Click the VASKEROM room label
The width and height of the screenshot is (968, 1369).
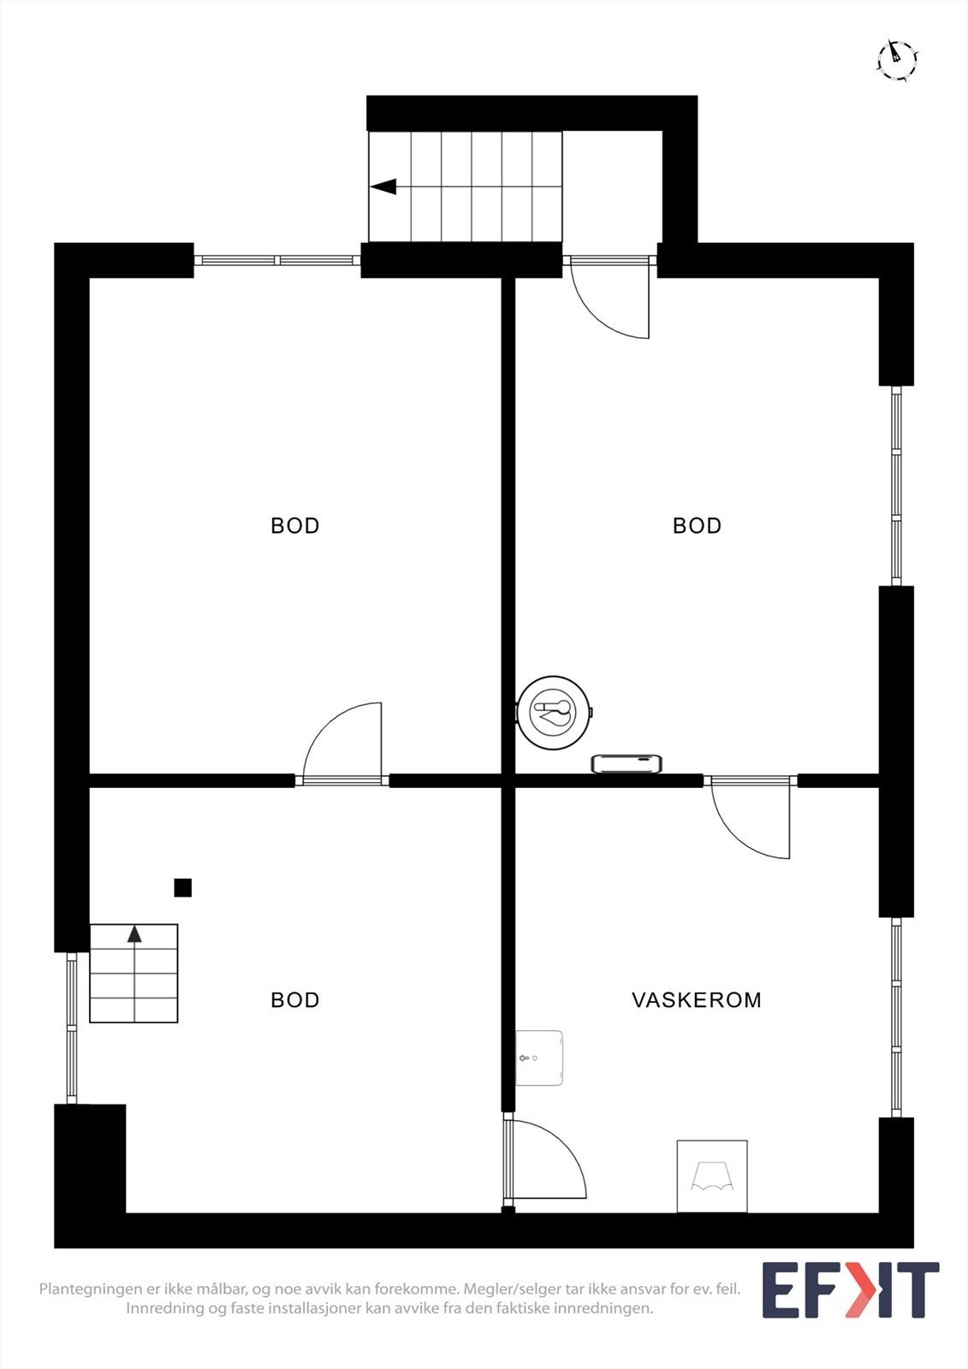click(x=696, y=999)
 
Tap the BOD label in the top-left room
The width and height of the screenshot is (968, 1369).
click(x=294, y=525)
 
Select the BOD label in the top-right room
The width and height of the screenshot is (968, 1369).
click(x=697, y=525)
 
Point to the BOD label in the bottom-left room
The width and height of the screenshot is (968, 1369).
click(x=294, y=999)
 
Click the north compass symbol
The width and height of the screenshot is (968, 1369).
click(x=897, y=59)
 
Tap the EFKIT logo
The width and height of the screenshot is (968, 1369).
click(x=850, y=1289)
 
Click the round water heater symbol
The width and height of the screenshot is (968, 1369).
click(x=554, y=712)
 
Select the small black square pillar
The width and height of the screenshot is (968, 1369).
click(x=182, y=887)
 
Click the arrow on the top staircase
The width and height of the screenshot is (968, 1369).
click(x=383, y=187)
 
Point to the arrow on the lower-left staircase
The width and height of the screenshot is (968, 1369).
click(x=134, y=933)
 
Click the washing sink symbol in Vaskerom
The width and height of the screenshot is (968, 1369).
click(x=711, y=1176)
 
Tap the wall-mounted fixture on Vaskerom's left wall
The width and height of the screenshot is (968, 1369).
click(x=539, y=1058)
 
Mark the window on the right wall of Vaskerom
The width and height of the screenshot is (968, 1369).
click(x=896, y=1016)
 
